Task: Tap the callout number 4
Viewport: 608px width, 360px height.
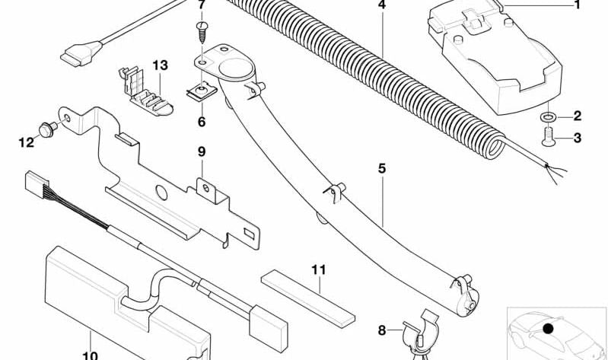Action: [x=381, y=5]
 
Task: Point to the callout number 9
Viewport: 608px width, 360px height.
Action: [x=202, y=151]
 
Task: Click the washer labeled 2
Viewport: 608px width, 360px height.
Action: [x=547, y=116]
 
